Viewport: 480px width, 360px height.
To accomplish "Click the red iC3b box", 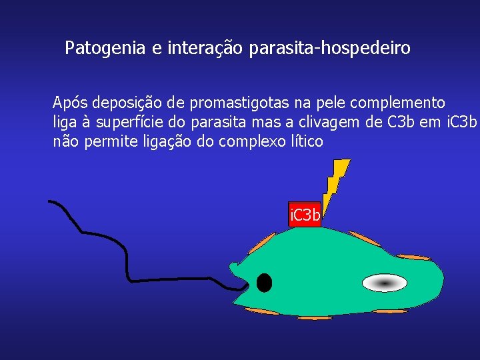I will pos(305,215).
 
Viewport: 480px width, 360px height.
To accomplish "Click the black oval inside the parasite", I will pos(264,283).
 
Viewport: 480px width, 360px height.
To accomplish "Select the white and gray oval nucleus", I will pos(384,283).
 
